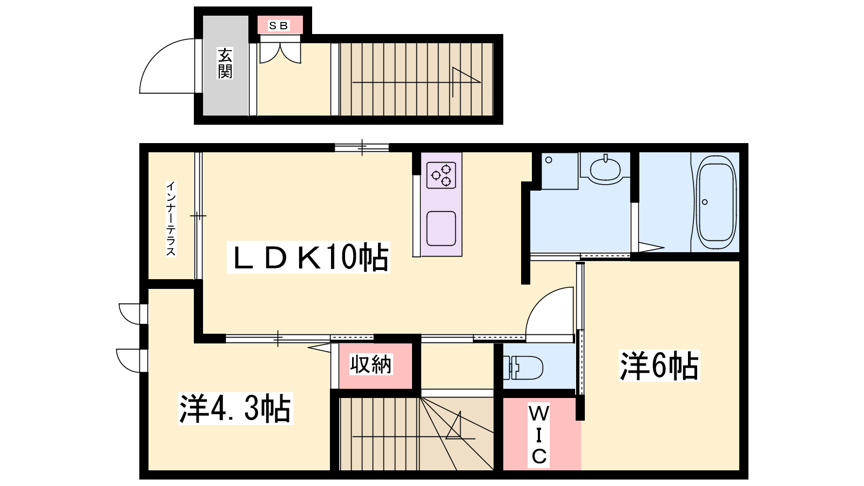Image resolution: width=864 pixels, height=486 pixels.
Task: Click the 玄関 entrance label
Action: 225,63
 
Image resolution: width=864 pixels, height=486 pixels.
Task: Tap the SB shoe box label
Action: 279,25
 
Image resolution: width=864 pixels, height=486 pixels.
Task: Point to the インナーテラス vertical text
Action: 171,219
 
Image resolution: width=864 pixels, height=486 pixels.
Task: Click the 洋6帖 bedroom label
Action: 659,366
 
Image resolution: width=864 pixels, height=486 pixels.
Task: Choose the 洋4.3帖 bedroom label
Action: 235,408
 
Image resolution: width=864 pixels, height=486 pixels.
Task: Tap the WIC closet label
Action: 539,435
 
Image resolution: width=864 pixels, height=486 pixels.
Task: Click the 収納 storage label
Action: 370,364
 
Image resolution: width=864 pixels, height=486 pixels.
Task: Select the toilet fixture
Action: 523,367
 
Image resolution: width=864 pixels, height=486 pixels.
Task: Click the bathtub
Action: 715,202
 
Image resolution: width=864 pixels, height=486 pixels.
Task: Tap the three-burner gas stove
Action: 441,175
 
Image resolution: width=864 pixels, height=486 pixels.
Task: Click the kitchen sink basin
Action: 441,228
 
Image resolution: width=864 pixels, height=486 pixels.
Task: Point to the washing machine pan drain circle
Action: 549,160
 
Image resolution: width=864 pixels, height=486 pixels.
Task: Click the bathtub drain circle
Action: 705,202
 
